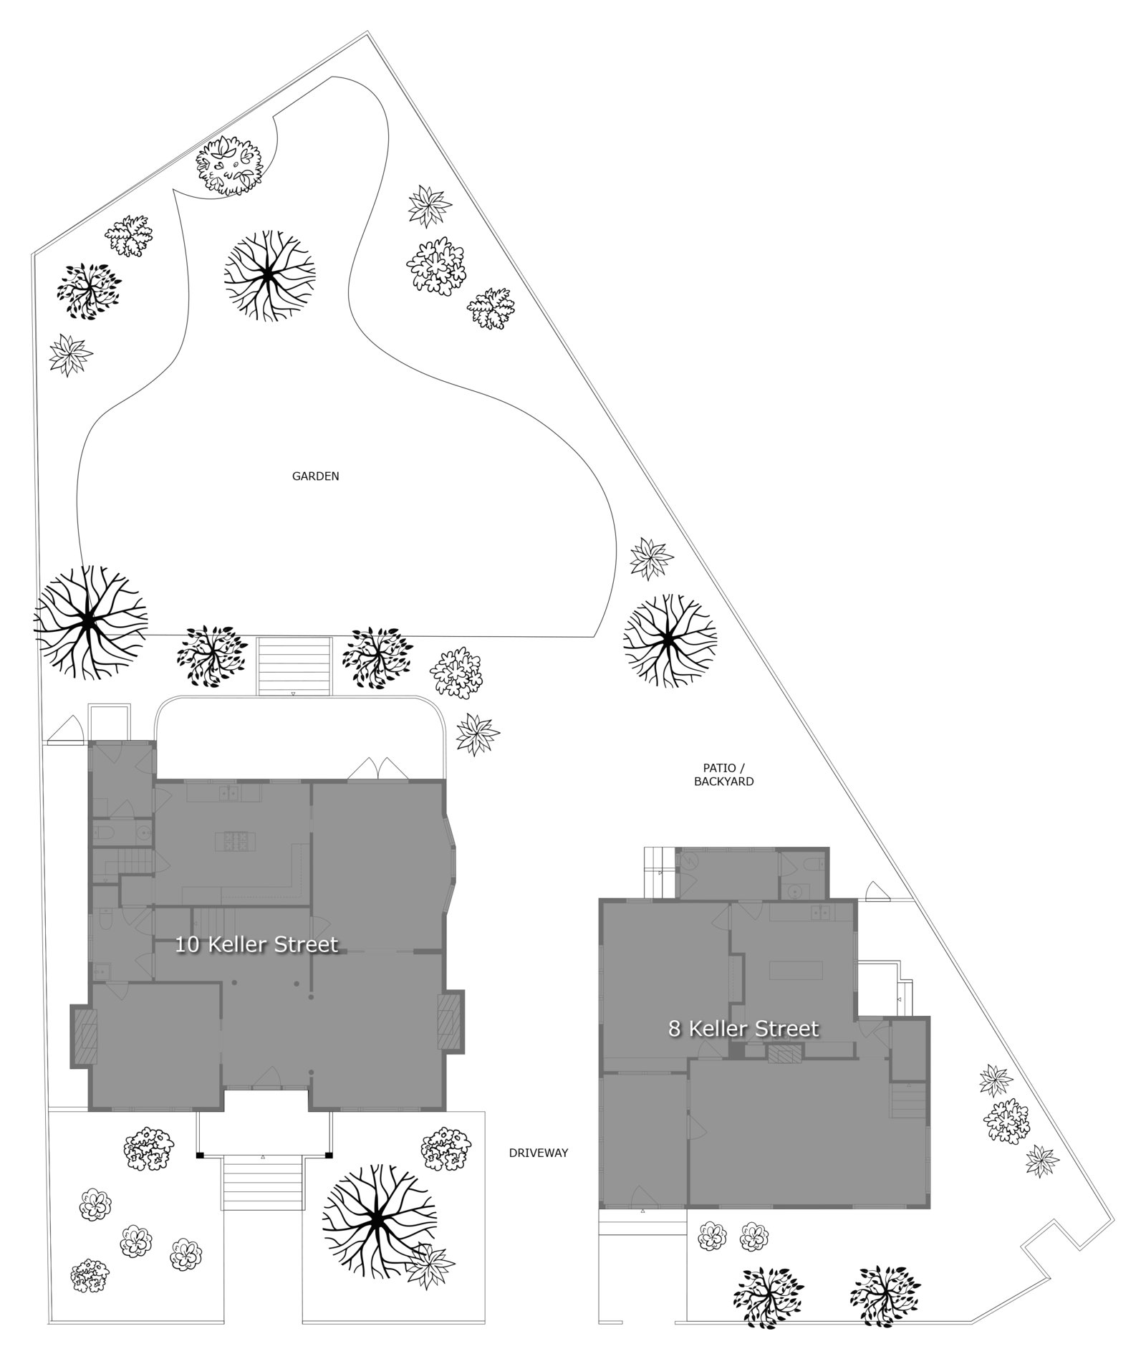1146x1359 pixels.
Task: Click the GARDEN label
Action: tap(315, 476)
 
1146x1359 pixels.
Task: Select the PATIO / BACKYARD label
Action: tap(723, 775)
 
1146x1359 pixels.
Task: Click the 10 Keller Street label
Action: tap(256, 945)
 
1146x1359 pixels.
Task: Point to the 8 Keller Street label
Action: tap(743, 1029)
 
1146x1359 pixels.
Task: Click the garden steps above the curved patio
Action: tap(294, 666)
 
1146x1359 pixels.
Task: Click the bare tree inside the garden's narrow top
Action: tap(269, 275)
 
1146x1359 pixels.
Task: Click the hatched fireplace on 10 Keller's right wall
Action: tap(451, 1026)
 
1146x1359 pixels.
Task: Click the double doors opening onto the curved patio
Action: tap(377, 768)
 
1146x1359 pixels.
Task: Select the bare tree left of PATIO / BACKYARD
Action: tap(669, 638)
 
